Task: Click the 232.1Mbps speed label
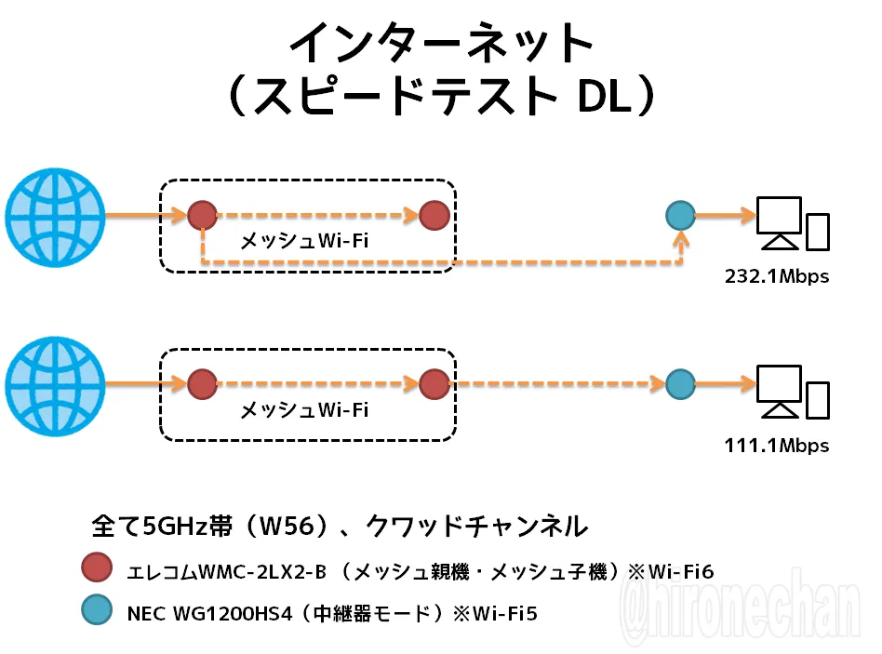(x=777, y=276)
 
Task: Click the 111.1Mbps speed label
(x=777, y=446)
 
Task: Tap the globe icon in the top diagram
(x=55, y=217)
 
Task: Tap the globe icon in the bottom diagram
(x=55, y=386)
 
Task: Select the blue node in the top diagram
(x=681, y=216)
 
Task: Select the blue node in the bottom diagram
(x=681, y=384)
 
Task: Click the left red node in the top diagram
(x=203, y=216)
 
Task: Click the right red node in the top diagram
(x=434, y=216)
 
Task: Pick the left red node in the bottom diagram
(x=203, y=384)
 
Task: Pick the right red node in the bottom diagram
(x=434, y=384)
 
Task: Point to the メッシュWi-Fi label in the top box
(x=304, y=241)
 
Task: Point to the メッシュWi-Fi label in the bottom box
(x=304, y=410)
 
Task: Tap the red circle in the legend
(x=97, y=567)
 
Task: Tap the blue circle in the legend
(x=97, y=609)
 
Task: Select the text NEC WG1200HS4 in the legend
(x=210, y=613)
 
